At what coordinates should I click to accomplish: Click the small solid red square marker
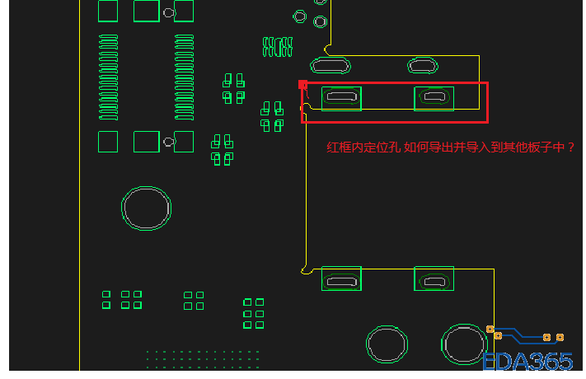click(x=302, y=85)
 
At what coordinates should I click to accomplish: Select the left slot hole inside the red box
click(x=340, y=98)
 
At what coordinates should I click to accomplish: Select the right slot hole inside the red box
click(x=434, y=98)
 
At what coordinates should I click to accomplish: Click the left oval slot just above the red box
click(x=331, y=65)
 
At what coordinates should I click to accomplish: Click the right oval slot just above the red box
click(x=423, y=65)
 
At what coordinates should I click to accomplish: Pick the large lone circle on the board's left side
click(x=147, y=208)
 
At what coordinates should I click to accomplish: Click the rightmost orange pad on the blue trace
click(x=560, y=337)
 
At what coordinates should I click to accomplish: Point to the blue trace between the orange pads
click(x=519, y=333)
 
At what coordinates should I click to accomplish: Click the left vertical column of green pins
click(x=108, y=77)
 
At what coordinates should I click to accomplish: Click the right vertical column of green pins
click(x=185, y=77)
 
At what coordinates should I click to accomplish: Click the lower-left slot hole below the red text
click(x=340, y=281)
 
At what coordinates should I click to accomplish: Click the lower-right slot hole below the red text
click(x=434, y=281)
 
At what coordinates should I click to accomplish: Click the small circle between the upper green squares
click(x=169, y=12)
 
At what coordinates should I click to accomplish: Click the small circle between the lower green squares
click(x=169, y=142)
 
